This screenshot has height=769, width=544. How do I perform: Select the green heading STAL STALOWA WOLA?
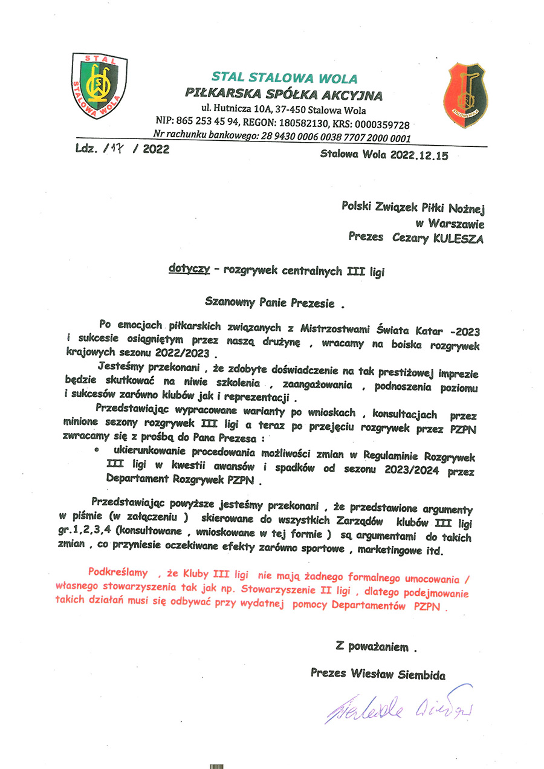tap(284, 78)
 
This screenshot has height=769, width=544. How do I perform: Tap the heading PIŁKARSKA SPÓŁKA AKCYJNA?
tap(283, 94)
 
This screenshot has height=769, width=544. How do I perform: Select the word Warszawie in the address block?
tap(458, 222)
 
